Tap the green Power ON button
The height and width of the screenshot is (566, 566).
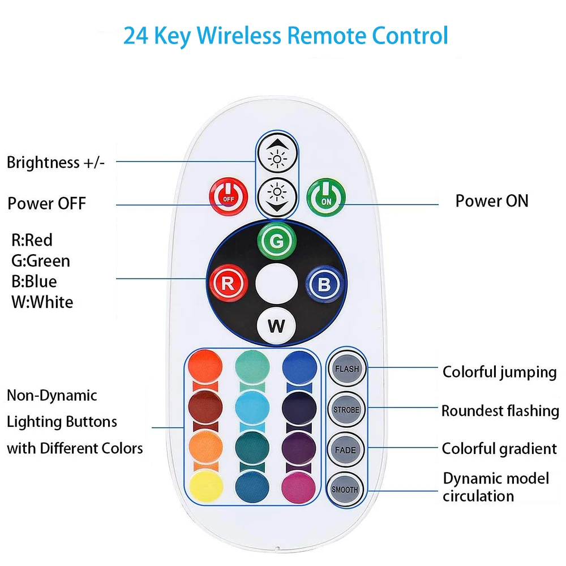(x=326, y=196)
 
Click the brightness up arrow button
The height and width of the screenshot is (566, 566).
(x=277, y=159)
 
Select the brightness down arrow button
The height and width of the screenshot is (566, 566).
(x=277, y=196)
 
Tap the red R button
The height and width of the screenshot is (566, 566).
(x=227, y=284)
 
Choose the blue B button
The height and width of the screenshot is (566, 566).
(x=324, y=284)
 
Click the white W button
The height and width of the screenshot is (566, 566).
(x=276, y=326)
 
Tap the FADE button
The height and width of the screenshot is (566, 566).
(x=346, y=450)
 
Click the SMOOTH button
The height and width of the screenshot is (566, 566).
(x=346, y=489)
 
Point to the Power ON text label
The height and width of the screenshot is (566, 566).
(x=491, y=201)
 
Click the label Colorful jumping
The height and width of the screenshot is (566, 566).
(x=499, y=372)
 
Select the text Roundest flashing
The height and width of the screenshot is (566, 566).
(x=500, y=410)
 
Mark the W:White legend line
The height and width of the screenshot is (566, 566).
(x=42, y=302)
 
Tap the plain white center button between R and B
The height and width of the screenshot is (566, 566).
(x=276, y=284)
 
